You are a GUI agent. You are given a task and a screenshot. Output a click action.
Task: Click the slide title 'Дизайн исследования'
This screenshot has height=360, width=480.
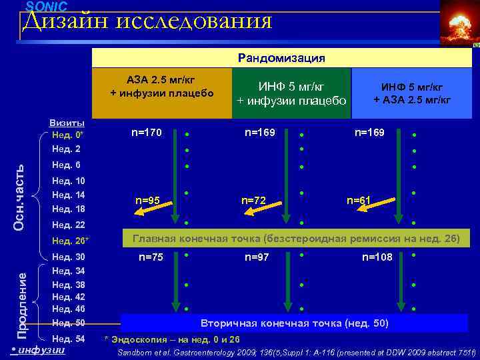pos(147,22)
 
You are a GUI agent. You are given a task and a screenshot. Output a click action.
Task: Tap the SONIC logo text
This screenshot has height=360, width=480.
pos(47,6)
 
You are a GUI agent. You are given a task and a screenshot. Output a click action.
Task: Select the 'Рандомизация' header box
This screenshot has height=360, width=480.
pos(282,58)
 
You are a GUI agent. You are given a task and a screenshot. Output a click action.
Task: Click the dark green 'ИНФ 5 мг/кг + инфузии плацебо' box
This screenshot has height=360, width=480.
pos(291,94)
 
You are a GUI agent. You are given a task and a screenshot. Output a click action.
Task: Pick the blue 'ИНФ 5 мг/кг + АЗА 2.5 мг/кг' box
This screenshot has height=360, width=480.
pos(412,94)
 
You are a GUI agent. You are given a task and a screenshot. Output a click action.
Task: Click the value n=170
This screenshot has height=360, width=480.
pos(147,133)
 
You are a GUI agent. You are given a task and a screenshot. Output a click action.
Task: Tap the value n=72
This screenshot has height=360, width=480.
pos(253,199)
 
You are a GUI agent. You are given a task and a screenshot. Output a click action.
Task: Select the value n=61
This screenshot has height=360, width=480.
pos(359,199)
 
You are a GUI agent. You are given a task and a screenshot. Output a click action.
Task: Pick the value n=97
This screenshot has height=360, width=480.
pos(257,257)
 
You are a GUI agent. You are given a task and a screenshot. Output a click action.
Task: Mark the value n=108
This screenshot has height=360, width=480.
pos(377,257)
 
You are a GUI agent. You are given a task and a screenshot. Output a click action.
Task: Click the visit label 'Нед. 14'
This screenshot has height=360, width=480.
pos(68,195)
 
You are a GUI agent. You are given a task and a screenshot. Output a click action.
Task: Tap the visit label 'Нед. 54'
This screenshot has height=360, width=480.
pos(68,339)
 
